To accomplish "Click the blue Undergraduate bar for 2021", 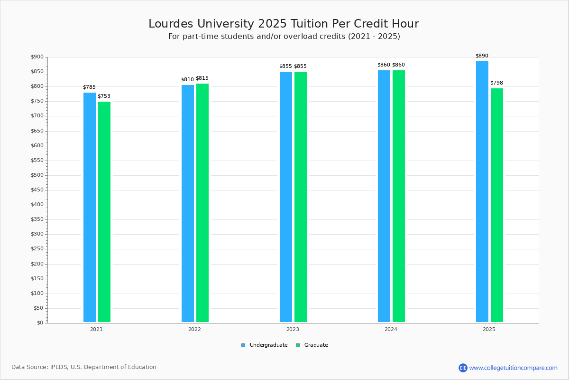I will pyautogui.click(x=90, y=208).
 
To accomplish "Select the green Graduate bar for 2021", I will pyautogui.click(x=104, y=212).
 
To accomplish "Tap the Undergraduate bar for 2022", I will pyautogui.click(x=188, y=204).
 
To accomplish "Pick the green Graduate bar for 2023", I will pyautogui.click(x=301, y=197).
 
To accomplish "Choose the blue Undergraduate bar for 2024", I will pyautogui.click(x=384, y=196).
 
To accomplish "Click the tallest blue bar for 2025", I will pyautogui.click(x=482, y=192).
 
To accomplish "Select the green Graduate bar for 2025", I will pyautogui.click(x=497, y=205).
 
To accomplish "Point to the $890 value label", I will pyautogui.click(x=482, y=56).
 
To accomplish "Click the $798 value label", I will pyautogui.click(x=496, y=83).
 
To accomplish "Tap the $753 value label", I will pyautogui.click(x=104, y=96).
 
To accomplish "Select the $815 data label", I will pyautogui.click(x=202, y=78).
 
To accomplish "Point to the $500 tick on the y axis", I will pyautogui.click(x=37, y=175).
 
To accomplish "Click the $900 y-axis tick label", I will pyautogui.click(x=37, y=57).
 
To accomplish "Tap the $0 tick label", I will pyautogui.click(x=40, y=323).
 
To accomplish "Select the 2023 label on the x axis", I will pyautogui.click(x=293, y=329).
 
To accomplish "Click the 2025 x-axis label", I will pyautogui.click(x=489, y=329).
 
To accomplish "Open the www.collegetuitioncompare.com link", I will pyautogui.click(x=513, y=368).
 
